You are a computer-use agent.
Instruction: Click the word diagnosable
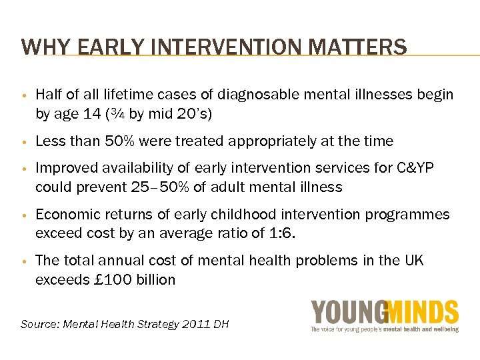(x=252, y=95)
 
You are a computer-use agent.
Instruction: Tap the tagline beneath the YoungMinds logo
(x=385, y=329)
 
